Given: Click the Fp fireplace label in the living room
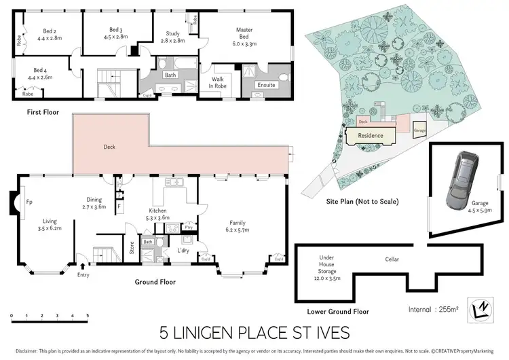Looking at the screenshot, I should click(x=29, y=202).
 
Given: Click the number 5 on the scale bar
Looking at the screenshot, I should click(x=87, y=317).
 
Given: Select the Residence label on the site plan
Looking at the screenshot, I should click(x=371, y=135).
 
